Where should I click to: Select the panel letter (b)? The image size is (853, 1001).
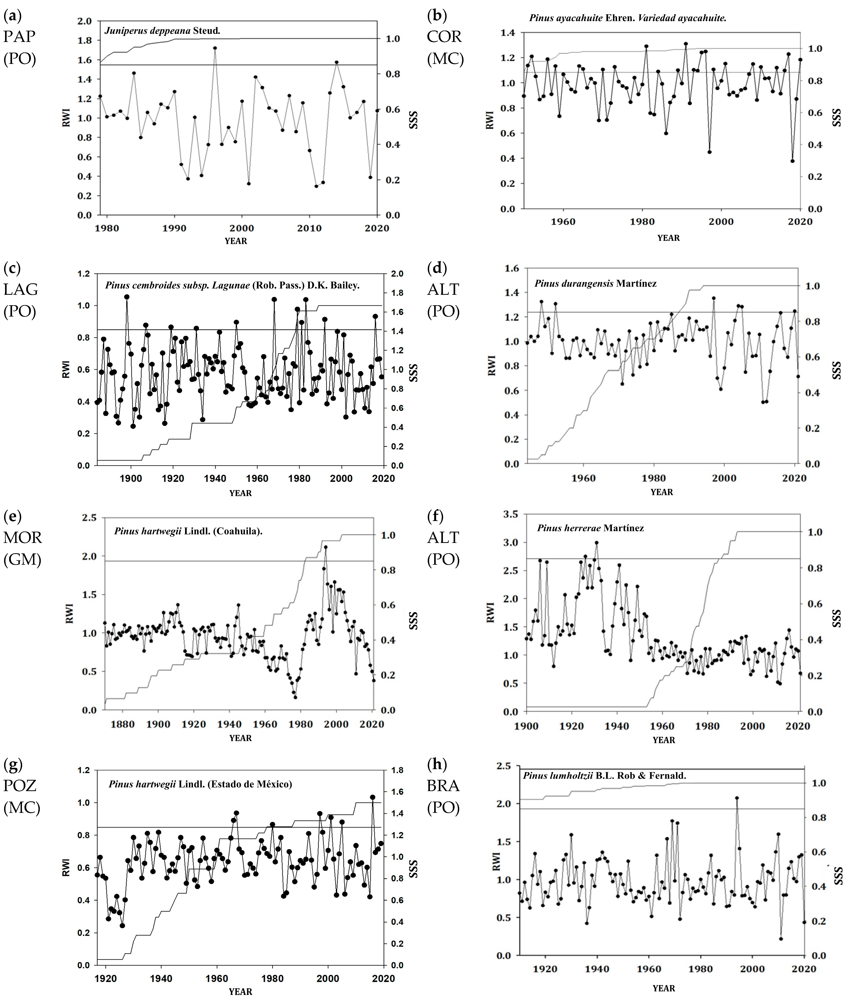[x=437, y=16]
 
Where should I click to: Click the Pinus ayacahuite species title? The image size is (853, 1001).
[x=627, y=18]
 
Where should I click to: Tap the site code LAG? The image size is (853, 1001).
[x=21, y=289]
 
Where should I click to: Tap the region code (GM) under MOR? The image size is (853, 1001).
[x=22, y=559]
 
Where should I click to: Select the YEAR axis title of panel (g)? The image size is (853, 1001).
[x=240, y=991]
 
